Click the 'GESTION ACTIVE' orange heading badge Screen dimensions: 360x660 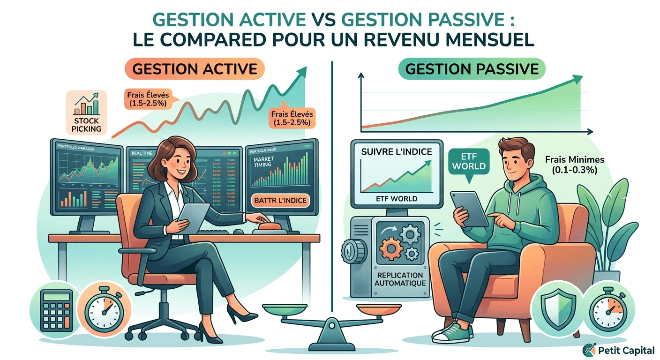click(x=195, y=69)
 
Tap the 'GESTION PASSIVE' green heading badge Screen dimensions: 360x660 click(x=472, y=69)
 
